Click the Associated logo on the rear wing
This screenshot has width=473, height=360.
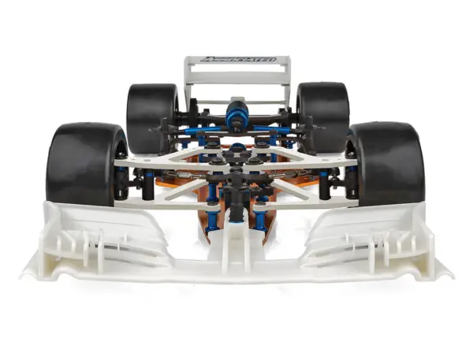point(237,59)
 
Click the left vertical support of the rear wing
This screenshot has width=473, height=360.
point(188,83)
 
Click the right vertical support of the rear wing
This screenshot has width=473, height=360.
point(286,83)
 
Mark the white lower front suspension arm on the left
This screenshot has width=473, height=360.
point(158,200)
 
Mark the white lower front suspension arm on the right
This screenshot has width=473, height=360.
point(315,200)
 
